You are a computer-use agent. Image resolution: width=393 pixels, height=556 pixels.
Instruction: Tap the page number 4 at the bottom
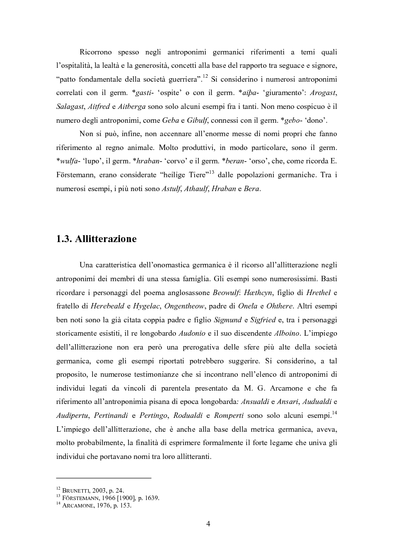pyautogui.click(x=209, y=524)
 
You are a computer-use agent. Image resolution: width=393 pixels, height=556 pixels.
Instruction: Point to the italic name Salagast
pyautogui.click(x=72, y=106)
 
